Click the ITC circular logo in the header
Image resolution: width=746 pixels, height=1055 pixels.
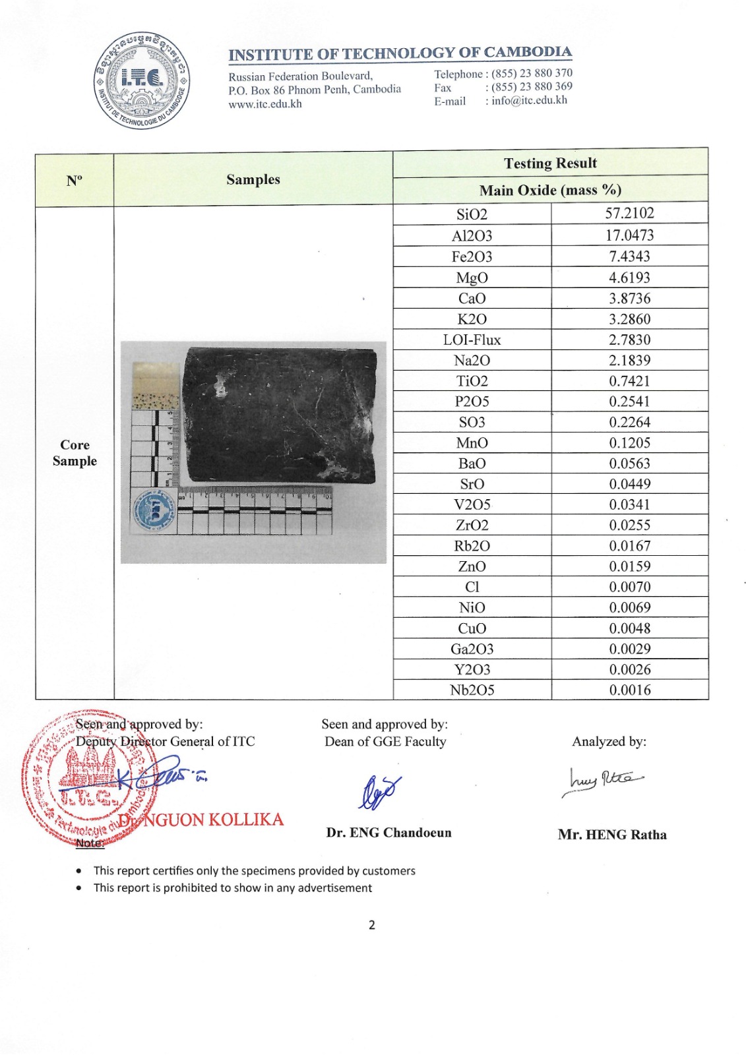(142, 80)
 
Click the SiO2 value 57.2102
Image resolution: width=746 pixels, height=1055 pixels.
(629, 213)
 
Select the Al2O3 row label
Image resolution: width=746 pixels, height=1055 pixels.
(472, 235)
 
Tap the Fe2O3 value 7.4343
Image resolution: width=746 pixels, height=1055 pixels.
(629, 256)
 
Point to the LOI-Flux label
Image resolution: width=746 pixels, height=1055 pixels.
(472, 340)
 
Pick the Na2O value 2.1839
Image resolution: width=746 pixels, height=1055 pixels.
(629, 360)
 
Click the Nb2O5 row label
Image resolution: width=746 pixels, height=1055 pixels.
(472, 690)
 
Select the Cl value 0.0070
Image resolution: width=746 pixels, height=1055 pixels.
(629, 587)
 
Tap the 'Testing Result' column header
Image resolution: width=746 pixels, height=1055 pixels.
(550, 163)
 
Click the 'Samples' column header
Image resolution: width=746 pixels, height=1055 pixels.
(253, 179)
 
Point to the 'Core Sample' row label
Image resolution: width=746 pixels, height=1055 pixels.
(75, 452)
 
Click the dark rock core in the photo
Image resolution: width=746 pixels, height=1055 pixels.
(280, 415)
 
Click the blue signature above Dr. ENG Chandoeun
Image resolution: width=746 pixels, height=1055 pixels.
(379, 791)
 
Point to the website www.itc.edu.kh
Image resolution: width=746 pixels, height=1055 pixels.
(265, 104)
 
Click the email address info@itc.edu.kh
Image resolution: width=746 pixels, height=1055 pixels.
(529, 100)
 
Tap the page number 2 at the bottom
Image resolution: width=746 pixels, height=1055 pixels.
(372, 924)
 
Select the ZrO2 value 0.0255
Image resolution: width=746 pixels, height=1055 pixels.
(629, 525)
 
